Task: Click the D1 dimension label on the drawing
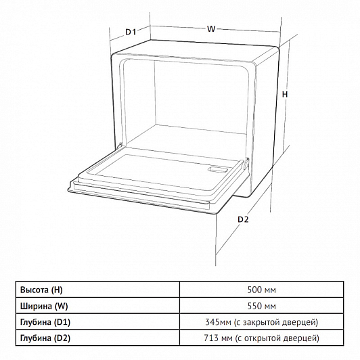tap(131, 32)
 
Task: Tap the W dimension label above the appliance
tap(211, 29)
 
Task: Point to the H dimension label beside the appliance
tap(285, 94)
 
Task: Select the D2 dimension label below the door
tap(243, 219)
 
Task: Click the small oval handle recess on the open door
tap(217, 170)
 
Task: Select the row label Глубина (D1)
tap(45, 322)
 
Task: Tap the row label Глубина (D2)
tap(45, 338)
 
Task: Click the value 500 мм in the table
tap(261, 290)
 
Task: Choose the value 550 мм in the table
tap(261, 306)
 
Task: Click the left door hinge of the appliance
tap(119, 146)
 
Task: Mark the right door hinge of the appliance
tap(246, 162)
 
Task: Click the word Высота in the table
tap(35, 290)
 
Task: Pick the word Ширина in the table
tap(37, 306)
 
